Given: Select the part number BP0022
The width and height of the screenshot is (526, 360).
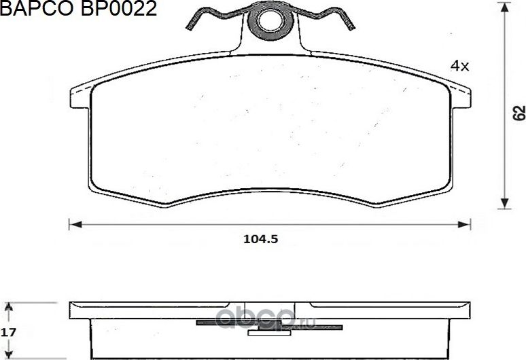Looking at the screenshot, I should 120,9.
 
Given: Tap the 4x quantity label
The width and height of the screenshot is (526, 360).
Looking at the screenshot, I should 460,66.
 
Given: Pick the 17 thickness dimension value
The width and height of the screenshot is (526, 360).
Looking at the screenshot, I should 8,333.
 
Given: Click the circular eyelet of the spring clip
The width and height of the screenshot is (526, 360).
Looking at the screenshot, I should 272,22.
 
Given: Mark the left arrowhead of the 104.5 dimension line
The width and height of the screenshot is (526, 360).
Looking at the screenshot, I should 74,223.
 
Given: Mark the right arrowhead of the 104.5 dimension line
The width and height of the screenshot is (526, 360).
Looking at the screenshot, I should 466,223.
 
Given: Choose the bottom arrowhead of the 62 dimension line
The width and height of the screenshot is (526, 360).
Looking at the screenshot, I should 504,203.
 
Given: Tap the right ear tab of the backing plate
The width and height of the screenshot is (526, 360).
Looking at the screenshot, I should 461,97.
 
